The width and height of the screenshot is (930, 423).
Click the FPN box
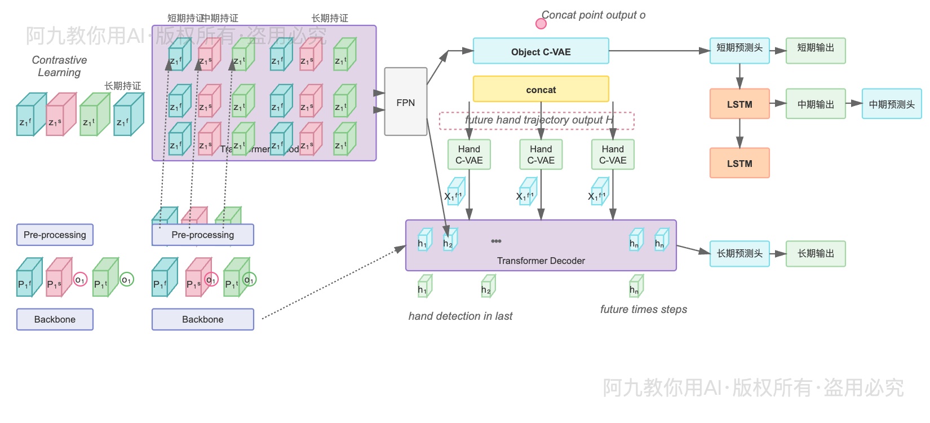point(405,102)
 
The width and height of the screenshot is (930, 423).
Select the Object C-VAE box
point(541,51)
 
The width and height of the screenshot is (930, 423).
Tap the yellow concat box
point(541,90)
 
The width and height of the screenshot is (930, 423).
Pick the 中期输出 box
point(815,104)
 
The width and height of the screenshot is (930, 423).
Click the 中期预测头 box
point(891,104)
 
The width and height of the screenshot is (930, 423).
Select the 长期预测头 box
point(739,253)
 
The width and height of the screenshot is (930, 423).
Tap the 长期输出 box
point(815,253)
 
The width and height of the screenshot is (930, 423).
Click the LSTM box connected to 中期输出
point(739,104)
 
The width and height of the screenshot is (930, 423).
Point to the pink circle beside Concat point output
point(541,24)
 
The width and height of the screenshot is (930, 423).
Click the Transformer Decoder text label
point(541,261)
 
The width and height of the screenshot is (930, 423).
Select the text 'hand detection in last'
point(460,316)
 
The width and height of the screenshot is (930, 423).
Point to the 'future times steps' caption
point(643,309)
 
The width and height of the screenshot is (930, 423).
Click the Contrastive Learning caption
point(59,66)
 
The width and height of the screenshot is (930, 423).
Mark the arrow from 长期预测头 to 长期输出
point(778,254)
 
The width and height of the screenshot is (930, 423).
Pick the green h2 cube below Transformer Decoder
point(488,287)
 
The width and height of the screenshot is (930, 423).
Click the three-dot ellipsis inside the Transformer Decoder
point(496,241)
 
